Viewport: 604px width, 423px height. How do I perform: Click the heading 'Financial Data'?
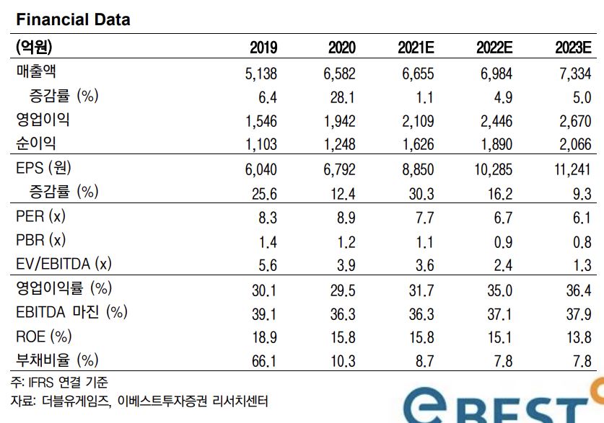pyautogui.click(x=72, y=19)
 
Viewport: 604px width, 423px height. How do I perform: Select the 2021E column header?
pyautogui.click(x=416, y=48)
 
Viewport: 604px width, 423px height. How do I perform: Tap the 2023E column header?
pyautogui.click(x=573, y=48)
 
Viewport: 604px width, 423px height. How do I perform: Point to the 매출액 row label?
pyautogui.click(x=35, y=72)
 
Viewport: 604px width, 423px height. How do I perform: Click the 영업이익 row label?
pyautogui.click(x=43, y=120)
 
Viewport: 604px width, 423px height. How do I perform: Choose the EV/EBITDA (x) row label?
pyautogui.click(x=63, y=264)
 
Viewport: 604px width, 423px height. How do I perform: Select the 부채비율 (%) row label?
pyautogui.click(x=56, y=360)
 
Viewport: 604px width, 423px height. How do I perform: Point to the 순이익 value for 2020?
pyautogui.click(x=339, y=144)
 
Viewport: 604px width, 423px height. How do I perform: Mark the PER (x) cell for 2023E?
pyautogui.click(x=582, y=217)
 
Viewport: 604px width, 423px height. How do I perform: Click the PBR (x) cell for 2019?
pyautogui.click(x=266, y=241)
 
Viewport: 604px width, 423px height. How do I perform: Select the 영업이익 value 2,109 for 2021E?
pyautogui.click(x=418, y=120)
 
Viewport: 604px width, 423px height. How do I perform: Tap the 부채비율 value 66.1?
pyautogui.click(x=264, y=360)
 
